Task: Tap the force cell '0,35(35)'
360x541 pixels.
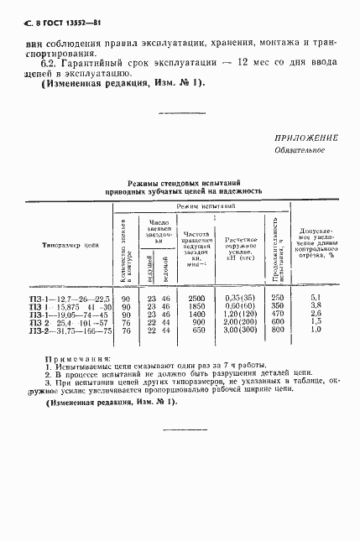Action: pos(241,298)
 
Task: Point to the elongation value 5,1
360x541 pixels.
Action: pos(316,298)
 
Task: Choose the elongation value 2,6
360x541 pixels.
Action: pos(316,315)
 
